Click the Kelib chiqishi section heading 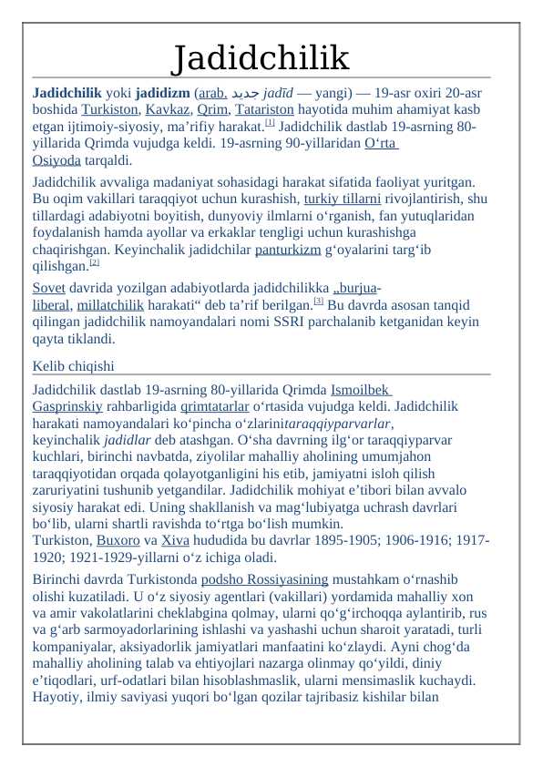tap(73, 366)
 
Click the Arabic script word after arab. tap(240, 93)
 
